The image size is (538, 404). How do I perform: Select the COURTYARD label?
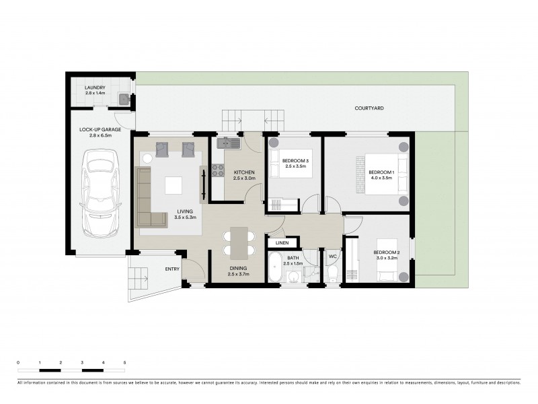(369, 108)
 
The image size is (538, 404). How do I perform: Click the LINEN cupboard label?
(282, 243)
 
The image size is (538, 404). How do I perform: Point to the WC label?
(332, 257)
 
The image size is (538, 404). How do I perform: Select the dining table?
(239, 242)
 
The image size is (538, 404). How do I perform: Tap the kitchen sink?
(225, 142)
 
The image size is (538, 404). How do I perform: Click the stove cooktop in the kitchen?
(218, 170)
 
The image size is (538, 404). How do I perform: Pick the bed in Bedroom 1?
(382, 174)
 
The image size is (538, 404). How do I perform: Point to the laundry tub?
(124, 100)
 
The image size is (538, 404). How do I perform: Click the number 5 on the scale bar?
(125, 363)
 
